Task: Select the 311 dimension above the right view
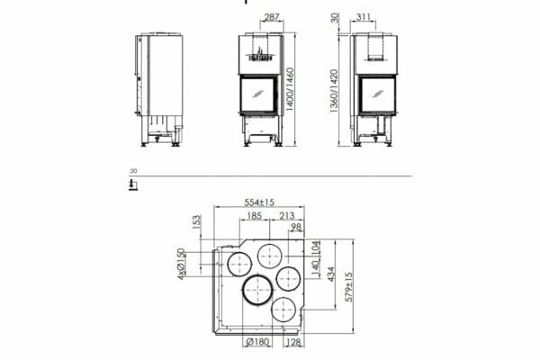[364, 17]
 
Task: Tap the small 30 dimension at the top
[334, 18]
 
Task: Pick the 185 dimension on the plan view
[252, 216]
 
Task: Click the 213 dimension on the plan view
[288, 216]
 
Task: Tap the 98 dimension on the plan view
[297, 229]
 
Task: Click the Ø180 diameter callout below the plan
[257, 342]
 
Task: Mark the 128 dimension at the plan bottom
[294, 342]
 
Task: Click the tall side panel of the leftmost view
[166, 81]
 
